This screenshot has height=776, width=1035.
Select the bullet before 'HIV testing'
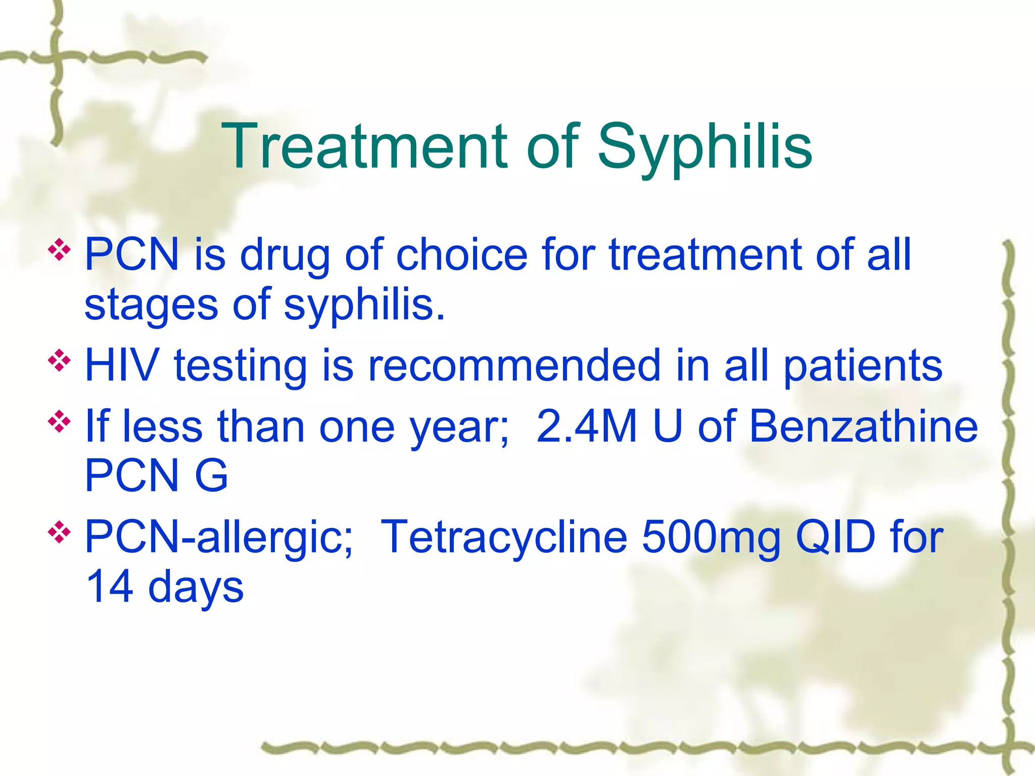[59, 361]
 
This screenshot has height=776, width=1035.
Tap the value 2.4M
[587, 426]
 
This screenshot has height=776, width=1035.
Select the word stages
[151, 306]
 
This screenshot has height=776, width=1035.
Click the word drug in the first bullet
[285, 255]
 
